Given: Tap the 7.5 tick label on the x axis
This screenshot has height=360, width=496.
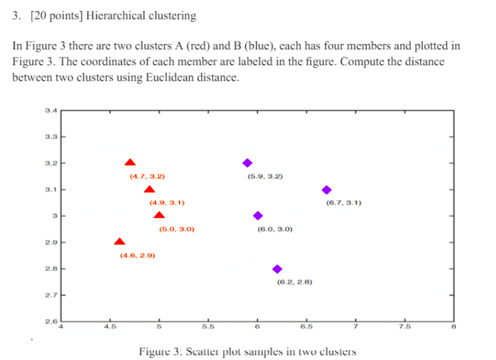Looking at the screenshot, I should pos(404,326).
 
